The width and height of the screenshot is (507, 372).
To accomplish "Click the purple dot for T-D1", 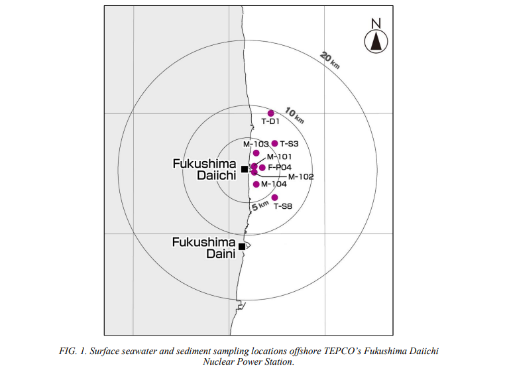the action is click(271, 113).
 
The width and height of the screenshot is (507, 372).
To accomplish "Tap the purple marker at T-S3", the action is click(275, 143).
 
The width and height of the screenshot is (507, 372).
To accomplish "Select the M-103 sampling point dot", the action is click(256, 153).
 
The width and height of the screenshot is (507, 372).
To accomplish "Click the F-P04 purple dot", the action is click(262, 168).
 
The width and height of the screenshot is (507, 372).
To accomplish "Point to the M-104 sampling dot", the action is click(256, 184).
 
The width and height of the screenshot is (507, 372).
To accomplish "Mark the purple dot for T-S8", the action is click(275, 198).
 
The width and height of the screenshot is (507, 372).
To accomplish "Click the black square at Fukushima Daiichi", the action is click(245, 169).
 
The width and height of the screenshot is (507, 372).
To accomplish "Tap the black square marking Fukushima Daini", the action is click(241, 247).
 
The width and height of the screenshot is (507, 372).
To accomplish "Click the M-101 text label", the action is click(280, 157).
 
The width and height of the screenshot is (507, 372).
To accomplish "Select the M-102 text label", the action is click(301, 176).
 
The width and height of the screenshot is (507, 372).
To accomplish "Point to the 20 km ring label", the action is click(330, 60).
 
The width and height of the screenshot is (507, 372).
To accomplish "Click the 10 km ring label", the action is click(294, 116).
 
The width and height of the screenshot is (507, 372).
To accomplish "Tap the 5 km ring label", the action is click(260, 206).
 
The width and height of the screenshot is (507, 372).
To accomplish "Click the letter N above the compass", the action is click(376, 23).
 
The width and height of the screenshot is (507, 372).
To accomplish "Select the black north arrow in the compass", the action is click(376, 41).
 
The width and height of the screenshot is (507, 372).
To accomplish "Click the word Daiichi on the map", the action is click(217, 176).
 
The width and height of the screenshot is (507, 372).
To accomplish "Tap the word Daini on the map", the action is click(221, 253).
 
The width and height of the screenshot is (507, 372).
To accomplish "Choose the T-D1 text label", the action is click(270, 121).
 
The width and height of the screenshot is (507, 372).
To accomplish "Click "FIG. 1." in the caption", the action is click(73, 351).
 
